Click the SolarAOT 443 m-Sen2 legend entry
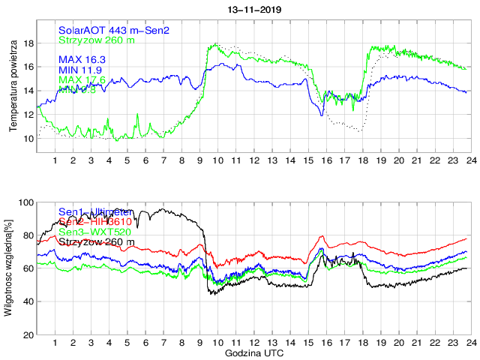pyautogui.click(x=114, y=30)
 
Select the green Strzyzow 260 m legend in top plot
pyautogui.click(x=97, y=40)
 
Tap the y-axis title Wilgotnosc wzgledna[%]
pyautogui.click(x=9, y=268)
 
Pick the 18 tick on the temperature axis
pyautogui.click(x=27, y=43)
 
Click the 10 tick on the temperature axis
pyautogui.click(x=27, y=139)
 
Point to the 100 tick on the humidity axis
pyautogui.click(x=25, y=202)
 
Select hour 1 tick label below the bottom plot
pyautogui.click(x=55, y=343)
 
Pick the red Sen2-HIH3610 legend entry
pyautogui.click(x=95, y=223)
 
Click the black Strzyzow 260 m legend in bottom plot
pyautogui.click(x=97, y=242)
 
